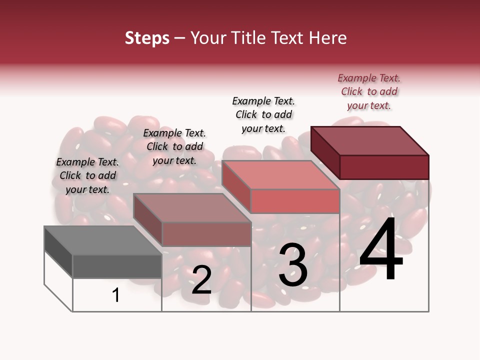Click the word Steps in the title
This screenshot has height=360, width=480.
(x=147, y=38)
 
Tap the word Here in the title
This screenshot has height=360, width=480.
(x=327, y=38)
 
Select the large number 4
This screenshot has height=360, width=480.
(x=381, y=249)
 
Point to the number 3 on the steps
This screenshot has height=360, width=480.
(x=293, y=264)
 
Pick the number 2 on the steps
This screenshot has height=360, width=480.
(x=201, y=279)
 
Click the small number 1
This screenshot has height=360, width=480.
(x=116, y=295)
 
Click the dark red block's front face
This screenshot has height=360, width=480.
(x=384, y=167)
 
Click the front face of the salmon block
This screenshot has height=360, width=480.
(x=295, y=201)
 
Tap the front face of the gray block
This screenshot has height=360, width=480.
(x=117, y=266)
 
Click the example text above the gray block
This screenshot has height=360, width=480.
(x=87, y=175)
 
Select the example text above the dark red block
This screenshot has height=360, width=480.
(x=369, y=91)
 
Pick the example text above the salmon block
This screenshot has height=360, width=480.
(x=263, y=114)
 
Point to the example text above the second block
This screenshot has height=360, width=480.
(x=174, y=146)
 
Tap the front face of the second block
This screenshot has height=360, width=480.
(x=206, y=234)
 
